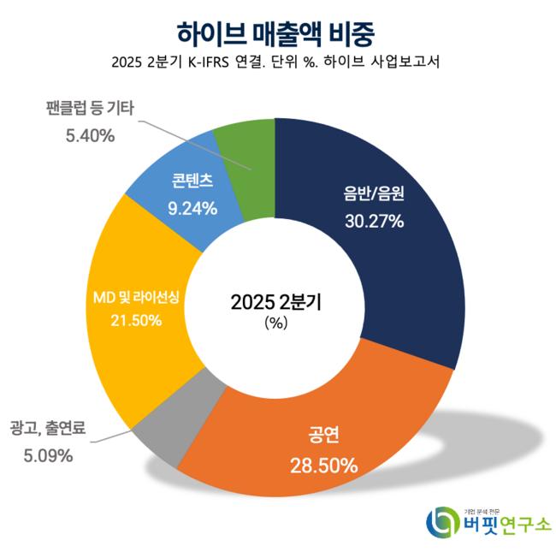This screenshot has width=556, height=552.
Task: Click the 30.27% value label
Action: click(x=374, y=221)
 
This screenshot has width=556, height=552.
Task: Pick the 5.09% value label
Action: click(x=47, y=455)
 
